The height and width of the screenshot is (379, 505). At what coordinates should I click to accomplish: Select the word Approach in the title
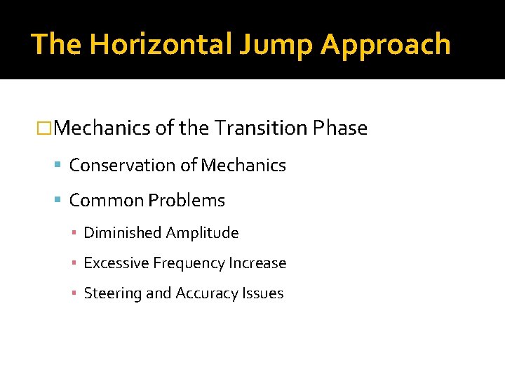[385, 44]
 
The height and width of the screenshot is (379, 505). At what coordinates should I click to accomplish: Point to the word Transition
[261, 128]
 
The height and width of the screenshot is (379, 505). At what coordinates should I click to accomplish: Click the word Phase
[340, 128]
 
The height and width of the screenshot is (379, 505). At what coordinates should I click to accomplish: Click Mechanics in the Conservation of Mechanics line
[243, 166]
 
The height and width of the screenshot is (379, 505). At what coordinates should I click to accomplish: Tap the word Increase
[257, 263]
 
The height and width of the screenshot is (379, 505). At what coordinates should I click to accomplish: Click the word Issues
[264, 293]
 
